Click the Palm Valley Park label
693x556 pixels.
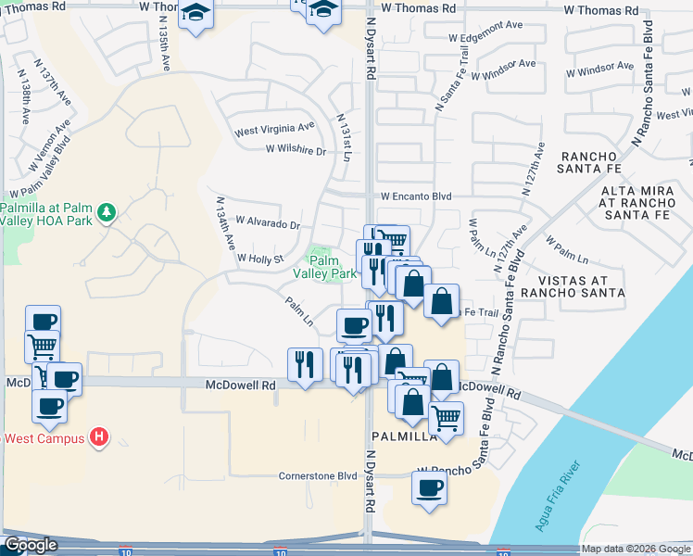coord(325,268)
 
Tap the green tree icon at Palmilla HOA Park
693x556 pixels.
coord(107,213)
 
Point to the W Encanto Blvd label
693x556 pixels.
coord(415,196)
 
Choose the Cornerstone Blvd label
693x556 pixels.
coord(318,476)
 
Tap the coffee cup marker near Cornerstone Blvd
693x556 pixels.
coord(428,487)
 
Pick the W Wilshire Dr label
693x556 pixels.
coord(296,149)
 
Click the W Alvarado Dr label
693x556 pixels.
coord(269,223)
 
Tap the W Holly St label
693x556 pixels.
coord(260,259)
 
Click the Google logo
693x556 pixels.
coord(31,545)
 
